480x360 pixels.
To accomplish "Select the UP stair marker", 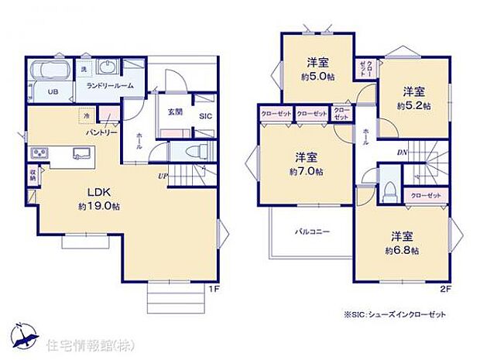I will coord(162,176).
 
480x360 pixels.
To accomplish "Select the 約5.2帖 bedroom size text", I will coord(413,105).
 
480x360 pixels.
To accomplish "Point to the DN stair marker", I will coord(402,153).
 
